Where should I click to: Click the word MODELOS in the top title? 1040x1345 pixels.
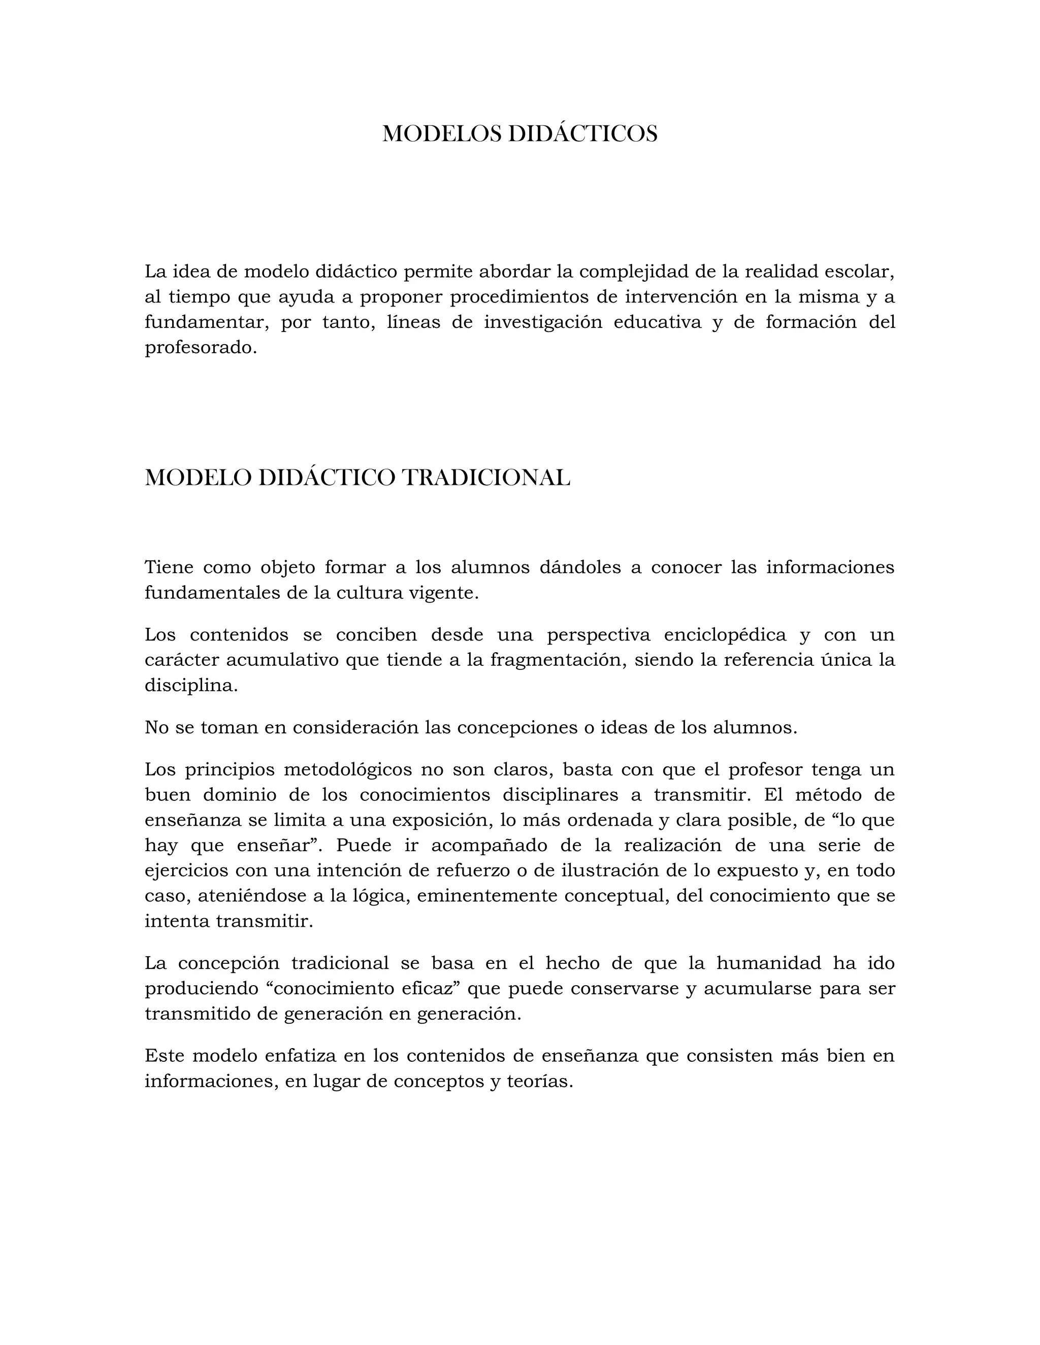click(441, 134)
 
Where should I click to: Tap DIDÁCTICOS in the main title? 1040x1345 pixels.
click(582, 134)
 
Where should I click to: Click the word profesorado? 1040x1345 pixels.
click(199, 348)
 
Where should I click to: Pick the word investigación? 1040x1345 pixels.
click(543, 322)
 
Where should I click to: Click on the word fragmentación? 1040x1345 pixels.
click(558, 660)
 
